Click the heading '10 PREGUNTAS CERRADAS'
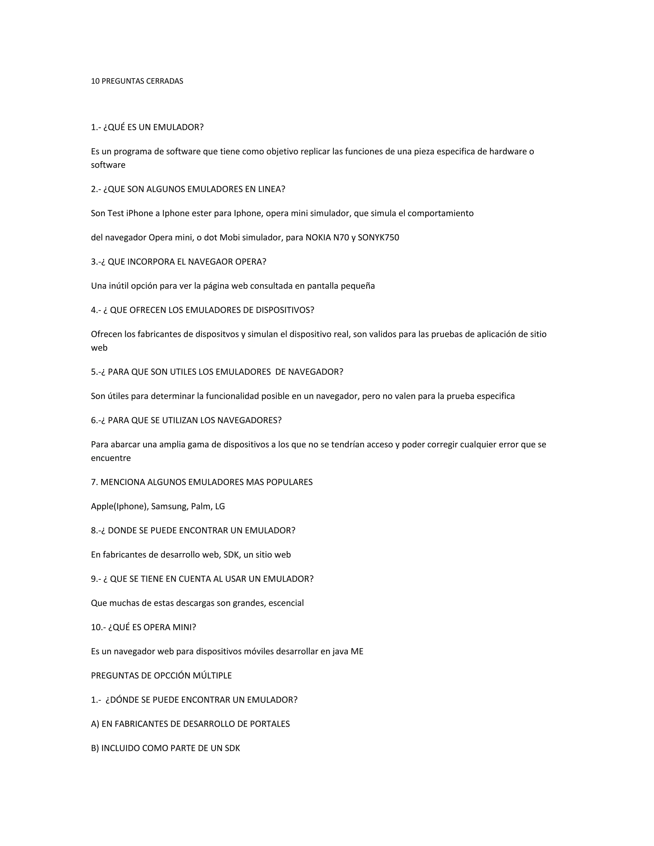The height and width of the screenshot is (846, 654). click(137, 81)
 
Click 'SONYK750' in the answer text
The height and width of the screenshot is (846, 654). click(378, 238)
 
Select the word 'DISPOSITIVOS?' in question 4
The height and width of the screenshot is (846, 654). click(285, 310)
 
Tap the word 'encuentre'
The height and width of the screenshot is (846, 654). click(111, 458)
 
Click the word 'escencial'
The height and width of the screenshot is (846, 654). click(286, 603)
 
